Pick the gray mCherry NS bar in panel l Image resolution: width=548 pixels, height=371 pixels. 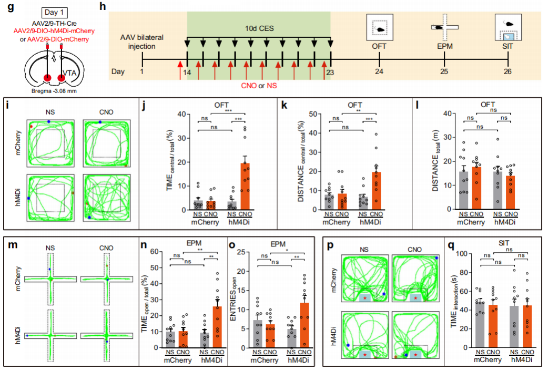464,191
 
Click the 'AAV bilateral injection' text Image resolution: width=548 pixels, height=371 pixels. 142,42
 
